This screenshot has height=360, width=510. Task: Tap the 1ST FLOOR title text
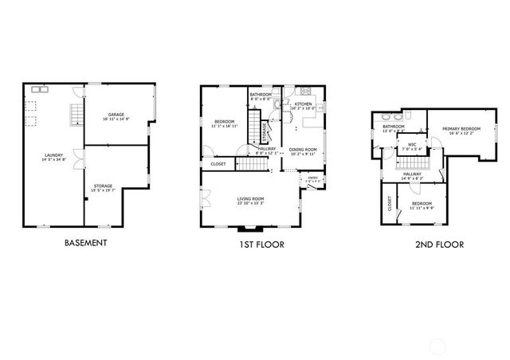point(261,245)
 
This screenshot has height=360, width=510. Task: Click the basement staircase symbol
point(76,116)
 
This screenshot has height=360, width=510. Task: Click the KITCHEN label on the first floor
point(304,104)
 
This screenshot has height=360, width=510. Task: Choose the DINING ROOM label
point(303,149)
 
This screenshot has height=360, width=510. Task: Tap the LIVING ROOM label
point(250,198)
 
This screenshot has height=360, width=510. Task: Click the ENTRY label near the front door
point(312,178)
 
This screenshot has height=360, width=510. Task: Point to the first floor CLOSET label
point(218,164)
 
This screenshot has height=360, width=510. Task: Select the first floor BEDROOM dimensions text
point(225,126)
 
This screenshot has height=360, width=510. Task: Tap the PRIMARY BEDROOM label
point(461,128)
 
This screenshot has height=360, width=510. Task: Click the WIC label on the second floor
point(413,146)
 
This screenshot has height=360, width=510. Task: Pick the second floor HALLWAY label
point(411,173)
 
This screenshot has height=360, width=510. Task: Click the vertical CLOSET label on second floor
point(390,204)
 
